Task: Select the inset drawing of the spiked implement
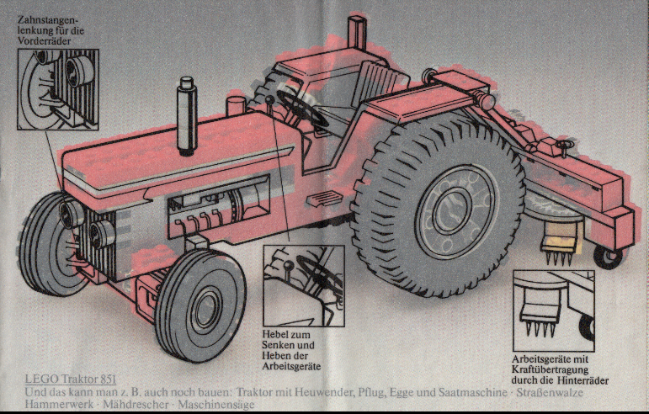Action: tap(553, 310)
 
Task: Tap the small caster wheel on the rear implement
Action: tap(605, 255)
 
